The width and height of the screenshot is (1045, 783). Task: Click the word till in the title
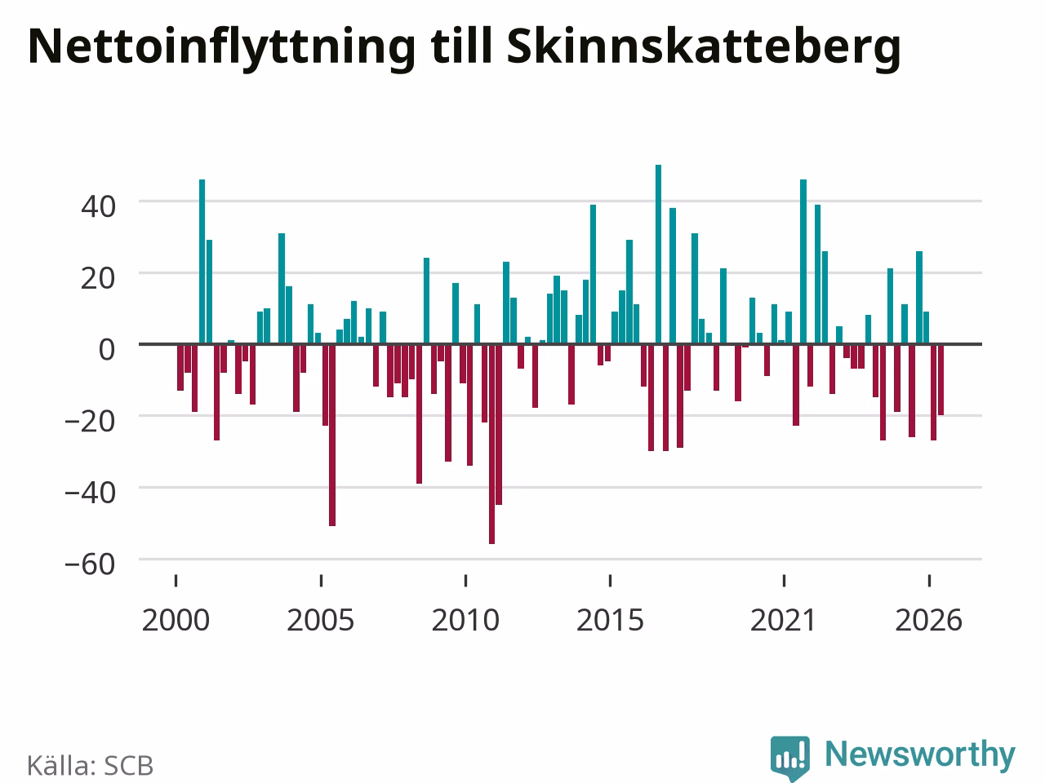[460, 46]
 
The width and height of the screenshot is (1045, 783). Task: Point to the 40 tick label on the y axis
[99, 207]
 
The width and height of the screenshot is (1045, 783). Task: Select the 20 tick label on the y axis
[99, 279]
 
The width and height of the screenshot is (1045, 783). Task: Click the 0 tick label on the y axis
[107, 350]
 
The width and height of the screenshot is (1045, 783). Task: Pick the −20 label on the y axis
[90, 421]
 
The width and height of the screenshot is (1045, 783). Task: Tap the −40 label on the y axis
[90, 493]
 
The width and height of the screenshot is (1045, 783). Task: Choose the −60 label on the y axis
[90, 564]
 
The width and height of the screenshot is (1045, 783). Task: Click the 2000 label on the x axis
[176, 621]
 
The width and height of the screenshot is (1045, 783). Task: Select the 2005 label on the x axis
[321, 621]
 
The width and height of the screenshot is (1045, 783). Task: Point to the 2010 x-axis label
[465, 621]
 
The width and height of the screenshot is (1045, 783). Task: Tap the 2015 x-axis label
[611, 621]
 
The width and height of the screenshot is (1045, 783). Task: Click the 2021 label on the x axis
[784, 621]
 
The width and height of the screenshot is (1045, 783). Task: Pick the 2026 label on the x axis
[929, 621]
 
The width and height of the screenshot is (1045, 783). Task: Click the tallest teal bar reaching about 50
[658, 254]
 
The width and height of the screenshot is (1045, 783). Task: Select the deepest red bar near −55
[491, 444]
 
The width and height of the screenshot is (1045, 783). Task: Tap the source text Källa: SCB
[91, 765]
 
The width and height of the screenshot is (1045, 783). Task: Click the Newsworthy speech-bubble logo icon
[790, 758]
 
